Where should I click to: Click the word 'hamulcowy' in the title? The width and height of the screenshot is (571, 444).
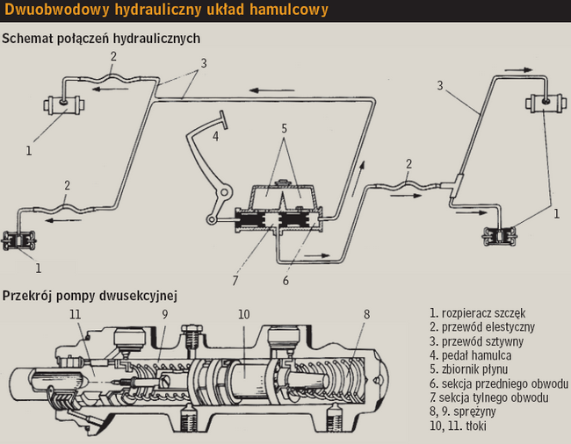281,11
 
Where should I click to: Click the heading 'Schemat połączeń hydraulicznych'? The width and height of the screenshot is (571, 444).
101,39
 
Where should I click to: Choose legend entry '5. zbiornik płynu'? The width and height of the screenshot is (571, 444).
474,369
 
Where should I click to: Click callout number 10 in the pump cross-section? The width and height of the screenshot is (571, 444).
243,313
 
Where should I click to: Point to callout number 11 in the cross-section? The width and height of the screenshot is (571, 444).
76,313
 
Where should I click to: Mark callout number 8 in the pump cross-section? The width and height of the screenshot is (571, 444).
366,313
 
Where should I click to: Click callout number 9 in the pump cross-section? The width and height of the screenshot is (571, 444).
164,313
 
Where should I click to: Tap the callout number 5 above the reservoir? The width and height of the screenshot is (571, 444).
284,128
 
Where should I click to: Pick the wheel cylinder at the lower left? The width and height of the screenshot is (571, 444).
19,240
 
